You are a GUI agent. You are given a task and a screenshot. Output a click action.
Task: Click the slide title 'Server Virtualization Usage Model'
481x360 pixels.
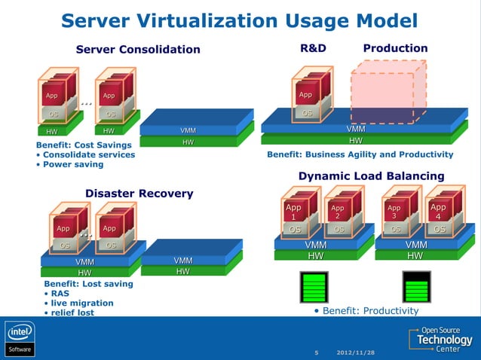(x=240, y=20)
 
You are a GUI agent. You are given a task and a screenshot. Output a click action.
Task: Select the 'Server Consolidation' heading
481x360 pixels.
(x=138, y=50)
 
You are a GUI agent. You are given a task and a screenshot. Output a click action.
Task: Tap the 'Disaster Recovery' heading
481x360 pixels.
(x=139, y=194)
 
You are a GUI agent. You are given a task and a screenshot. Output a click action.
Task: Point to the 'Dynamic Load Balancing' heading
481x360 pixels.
(x=371, y=176)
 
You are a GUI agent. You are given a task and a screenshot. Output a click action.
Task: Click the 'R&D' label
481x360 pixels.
(x=314, y=48)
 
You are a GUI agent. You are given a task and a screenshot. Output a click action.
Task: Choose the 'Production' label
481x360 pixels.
(x=395, y=48)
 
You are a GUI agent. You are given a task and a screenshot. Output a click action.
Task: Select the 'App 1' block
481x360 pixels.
(x=293, y=212)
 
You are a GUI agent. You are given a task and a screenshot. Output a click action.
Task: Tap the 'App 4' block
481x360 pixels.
(x=437, y=212)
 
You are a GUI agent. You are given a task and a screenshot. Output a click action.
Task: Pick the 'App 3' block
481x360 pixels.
(x=394, y=212)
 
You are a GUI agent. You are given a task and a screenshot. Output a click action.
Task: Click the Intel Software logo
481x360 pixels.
(x=20, y=339)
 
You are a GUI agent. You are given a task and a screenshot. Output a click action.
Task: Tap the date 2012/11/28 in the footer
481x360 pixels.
(x=355, y=352)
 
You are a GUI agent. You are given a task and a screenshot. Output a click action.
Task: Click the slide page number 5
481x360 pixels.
(x=317, y=352)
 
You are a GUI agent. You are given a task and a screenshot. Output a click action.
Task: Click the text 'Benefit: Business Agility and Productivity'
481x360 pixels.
(x=360, y=154)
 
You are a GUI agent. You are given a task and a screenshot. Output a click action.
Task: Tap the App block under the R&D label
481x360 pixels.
(x=305, y=95)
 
